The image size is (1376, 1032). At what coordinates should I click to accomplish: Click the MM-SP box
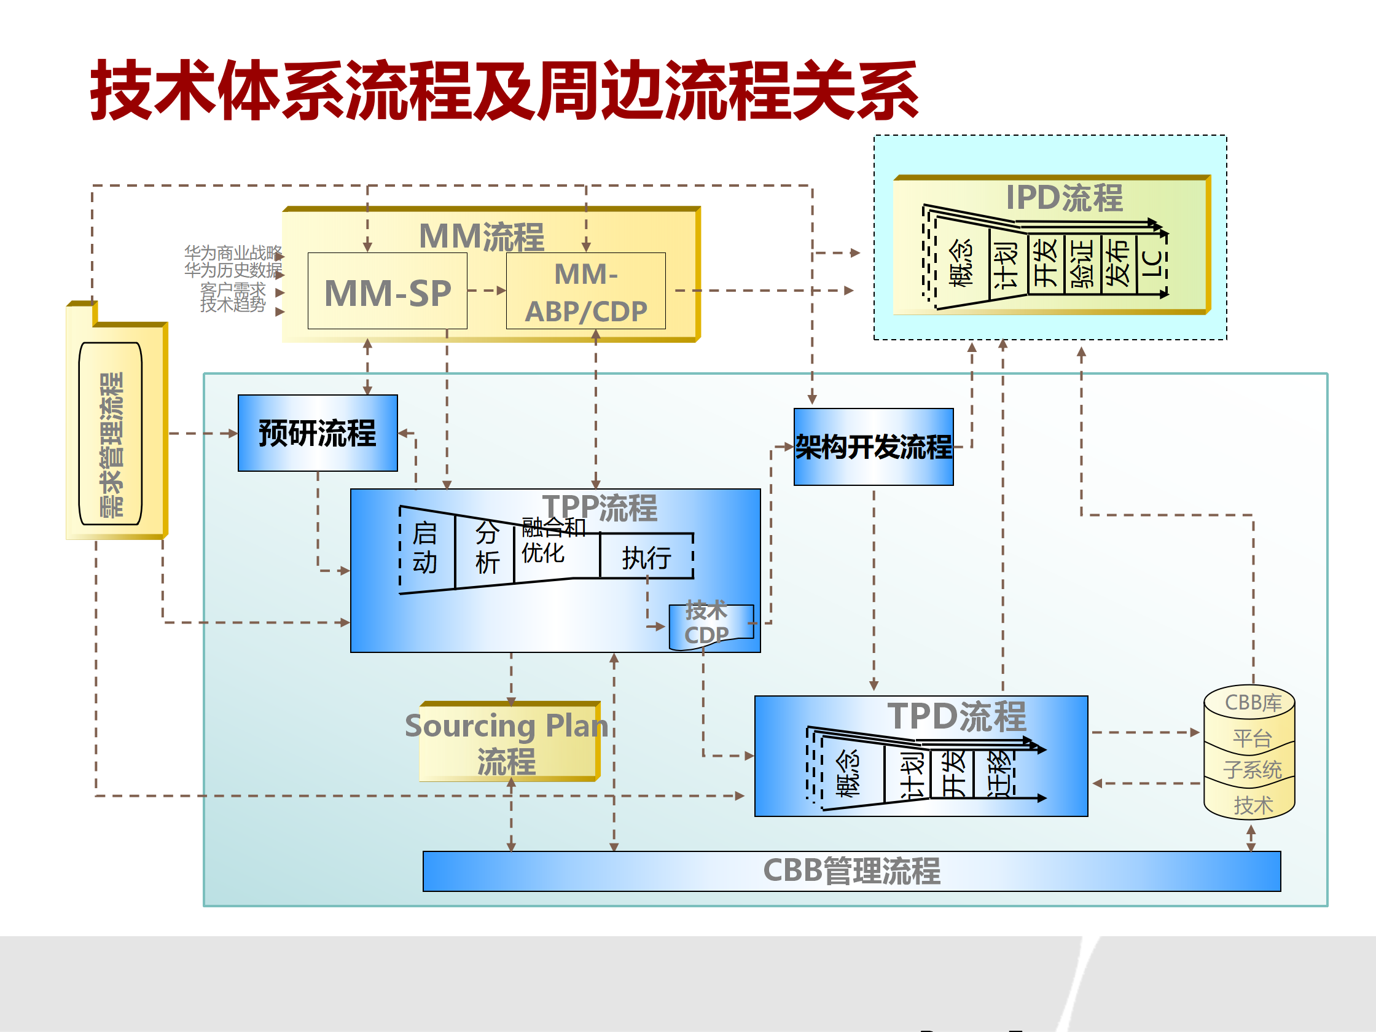tap(387, 291)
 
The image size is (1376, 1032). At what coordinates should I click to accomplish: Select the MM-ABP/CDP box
tap(585, 291)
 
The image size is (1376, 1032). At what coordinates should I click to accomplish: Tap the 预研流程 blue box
tap(317, 433)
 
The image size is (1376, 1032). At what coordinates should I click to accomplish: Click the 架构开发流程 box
tap(874, 447)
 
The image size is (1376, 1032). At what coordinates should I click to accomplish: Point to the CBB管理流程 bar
tap(851, 871)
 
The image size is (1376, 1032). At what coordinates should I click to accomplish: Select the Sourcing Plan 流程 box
tap(507, 743)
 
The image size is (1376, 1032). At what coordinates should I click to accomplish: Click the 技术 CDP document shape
tap(709, 625)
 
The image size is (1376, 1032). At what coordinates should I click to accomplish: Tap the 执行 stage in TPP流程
tap(646, 557)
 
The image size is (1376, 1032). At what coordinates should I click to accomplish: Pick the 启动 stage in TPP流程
tap(426, 548)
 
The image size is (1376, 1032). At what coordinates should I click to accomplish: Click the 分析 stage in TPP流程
tap(487, 548)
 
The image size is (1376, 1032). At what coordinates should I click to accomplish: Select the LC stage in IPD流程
tap(1151, 264)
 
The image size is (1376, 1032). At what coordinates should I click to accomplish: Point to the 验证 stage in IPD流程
tap(1083, 264)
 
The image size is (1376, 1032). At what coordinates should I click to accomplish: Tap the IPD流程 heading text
tap(1064, 198)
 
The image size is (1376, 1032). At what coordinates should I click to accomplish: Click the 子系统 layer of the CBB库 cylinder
tap(1251, 770)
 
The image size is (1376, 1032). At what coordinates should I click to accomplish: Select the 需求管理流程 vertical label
tap(111, 444)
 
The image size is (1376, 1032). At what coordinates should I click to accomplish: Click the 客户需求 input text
tap(233, 289)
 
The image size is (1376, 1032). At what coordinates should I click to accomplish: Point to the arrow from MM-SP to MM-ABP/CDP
tap(487, 291)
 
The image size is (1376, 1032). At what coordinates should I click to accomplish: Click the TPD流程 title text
tap(956, 717)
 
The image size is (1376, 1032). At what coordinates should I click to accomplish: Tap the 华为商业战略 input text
tap(233, 252)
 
